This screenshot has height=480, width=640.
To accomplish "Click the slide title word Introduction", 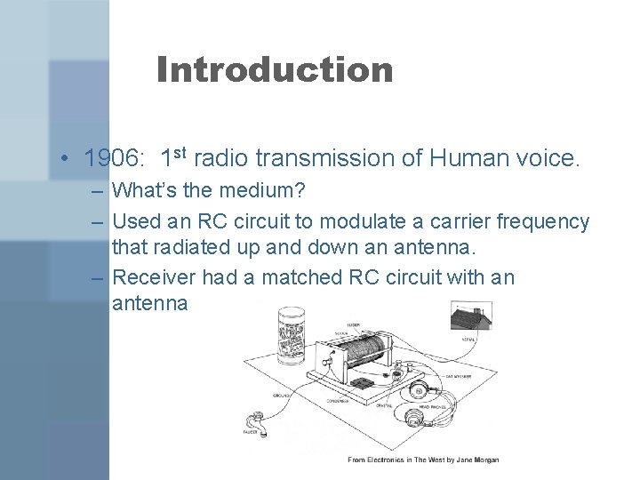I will [x=274, y=69].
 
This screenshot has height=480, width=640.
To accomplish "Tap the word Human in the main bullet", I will [x=474, y=158].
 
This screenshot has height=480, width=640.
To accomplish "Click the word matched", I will [x=281, y=277].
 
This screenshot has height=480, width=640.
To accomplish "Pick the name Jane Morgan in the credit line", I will [x=479, y=460].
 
